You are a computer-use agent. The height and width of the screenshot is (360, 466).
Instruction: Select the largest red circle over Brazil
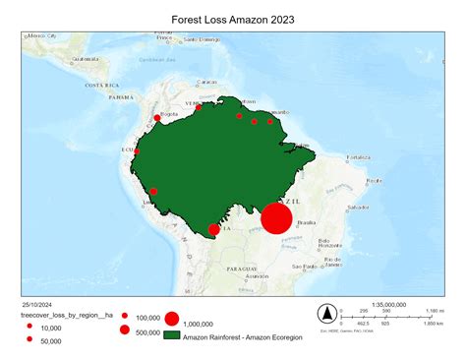coord(277,218)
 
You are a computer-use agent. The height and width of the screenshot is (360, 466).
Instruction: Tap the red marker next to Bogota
coord(157,119)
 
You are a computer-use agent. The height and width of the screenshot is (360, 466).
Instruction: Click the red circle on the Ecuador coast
coord(136,153)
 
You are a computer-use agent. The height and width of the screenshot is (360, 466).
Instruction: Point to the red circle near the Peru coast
coord(154,191)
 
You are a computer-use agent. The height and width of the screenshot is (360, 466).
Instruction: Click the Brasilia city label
coord(319,222)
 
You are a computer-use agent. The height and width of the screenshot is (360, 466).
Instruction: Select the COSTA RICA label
coord(102,86)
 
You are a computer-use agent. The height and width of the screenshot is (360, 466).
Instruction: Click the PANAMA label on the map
coord(122,98)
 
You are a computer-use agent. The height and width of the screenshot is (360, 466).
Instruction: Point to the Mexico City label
coord(43,35)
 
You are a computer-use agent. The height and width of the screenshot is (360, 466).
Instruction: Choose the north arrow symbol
coord(324,314)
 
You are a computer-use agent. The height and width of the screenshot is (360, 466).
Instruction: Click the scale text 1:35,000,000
coord(391,304)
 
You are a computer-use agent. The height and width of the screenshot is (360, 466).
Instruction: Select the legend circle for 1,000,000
coord(172,319)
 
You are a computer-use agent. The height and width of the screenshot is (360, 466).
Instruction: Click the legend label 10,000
coord(51,328)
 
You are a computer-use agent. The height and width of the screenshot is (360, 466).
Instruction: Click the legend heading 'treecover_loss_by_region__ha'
coord(68,316)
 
